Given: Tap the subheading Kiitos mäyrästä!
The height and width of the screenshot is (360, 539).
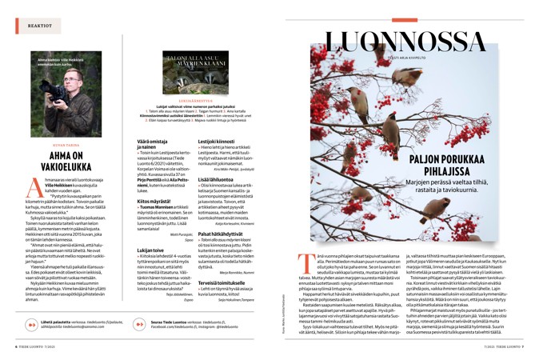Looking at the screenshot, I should click(147, 201).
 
